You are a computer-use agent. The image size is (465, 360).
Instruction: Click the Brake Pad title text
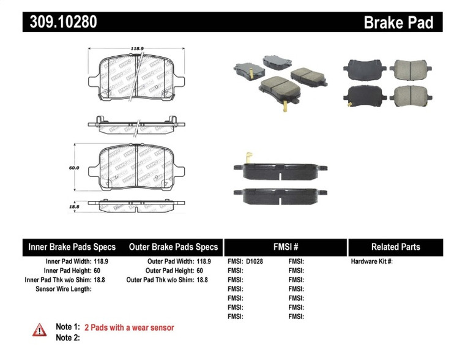coord(398,23)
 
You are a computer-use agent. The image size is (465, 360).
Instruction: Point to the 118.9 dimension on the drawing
coord(136,47)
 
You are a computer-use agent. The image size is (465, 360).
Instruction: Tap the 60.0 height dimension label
coord(74,167)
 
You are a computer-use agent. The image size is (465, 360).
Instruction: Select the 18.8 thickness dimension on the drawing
coord(74,208)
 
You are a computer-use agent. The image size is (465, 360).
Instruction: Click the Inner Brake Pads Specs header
coord(72,247)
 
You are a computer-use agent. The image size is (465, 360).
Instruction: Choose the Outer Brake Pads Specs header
coord(173,247)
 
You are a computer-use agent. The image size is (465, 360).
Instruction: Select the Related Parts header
coord(395,247)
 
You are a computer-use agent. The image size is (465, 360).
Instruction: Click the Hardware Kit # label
coord(371,261)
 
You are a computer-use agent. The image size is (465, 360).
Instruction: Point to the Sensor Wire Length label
coord(64,289)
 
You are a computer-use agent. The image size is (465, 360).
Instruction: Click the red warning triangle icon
coord(39,329)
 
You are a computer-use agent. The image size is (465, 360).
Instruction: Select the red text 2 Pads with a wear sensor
coord(129,328)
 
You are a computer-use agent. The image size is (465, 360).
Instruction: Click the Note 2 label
coord(68,337)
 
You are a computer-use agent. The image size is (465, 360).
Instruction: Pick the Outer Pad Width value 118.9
coord(199,261)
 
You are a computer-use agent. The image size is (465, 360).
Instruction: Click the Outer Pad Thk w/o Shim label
coord(159,280)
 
